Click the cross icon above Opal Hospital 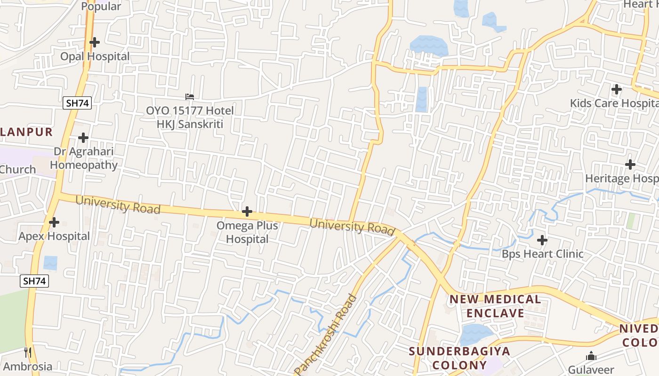click(x=95, y=42)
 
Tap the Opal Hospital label click(x=95, y=56)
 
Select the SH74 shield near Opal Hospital click(x=77, y=103)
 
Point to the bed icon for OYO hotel click(x=190, y=97)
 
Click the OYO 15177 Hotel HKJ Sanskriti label click(x=190, y=117)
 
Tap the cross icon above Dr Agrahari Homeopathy click(x=83, y=138)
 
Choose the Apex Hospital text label click(x=54, y=236)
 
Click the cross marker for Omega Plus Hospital click(x=247, y=211)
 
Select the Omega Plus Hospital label click(x=247, y=232)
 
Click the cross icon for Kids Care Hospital click(x=616, y=89)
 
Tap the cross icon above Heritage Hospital click(x=630, y=164)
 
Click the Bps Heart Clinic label click(x=542, y=254)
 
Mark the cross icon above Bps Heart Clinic click(x=542, y=240)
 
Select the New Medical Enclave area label click(x=495, y=306)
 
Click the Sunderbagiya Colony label click(x=446, y=358)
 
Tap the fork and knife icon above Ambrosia click(x=28, y=352)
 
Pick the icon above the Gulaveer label click(x=591, y=356)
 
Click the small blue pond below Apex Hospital click(x=50, y=263)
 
